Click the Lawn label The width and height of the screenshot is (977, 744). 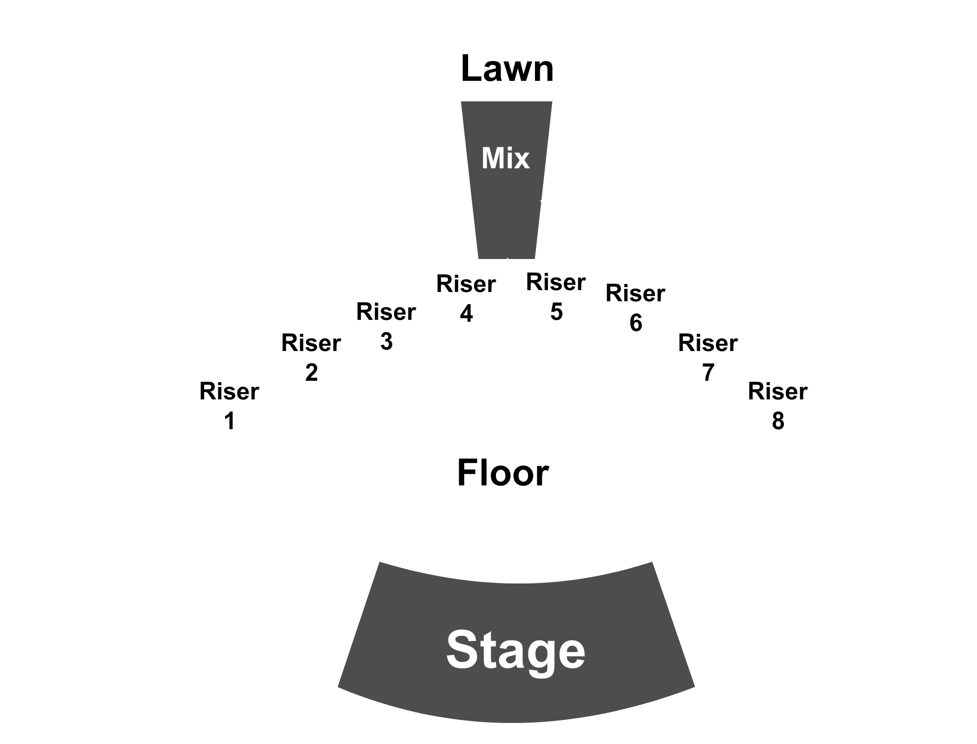[x=507, y=69]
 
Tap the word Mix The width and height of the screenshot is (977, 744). [x=506, y=158]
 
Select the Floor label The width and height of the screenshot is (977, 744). [x=503, y=473]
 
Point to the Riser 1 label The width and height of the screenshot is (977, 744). [x=229, y=406]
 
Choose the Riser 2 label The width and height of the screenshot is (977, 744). [x=311, y=358]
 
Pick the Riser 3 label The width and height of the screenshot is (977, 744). [x=386, y=326]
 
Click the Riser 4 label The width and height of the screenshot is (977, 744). [x=466, y=299]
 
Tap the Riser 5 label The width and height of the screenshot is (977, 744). [x=556, y=297]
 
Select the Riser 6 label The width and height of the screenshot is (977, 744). [x=636, y=308]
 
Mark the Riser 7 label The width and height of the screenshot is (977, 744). [x=708, y=358]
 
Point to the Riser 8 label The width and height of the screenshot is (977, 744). [x=778, y=406]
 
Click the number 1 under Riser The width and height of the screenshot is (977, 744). [x=229, y=421]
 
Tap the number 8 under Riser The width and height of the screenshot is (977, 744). [x=778, y=421]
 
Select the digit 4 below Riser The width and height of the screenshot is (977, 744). [x=466, y=313]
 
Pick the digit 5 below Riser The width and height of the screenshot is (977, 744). [x=556, y=312]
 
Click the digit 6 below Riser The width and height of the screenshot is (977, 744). [x=636, y=323]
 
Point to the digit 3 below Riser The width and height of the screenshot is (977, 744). [x=386, y=341]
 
